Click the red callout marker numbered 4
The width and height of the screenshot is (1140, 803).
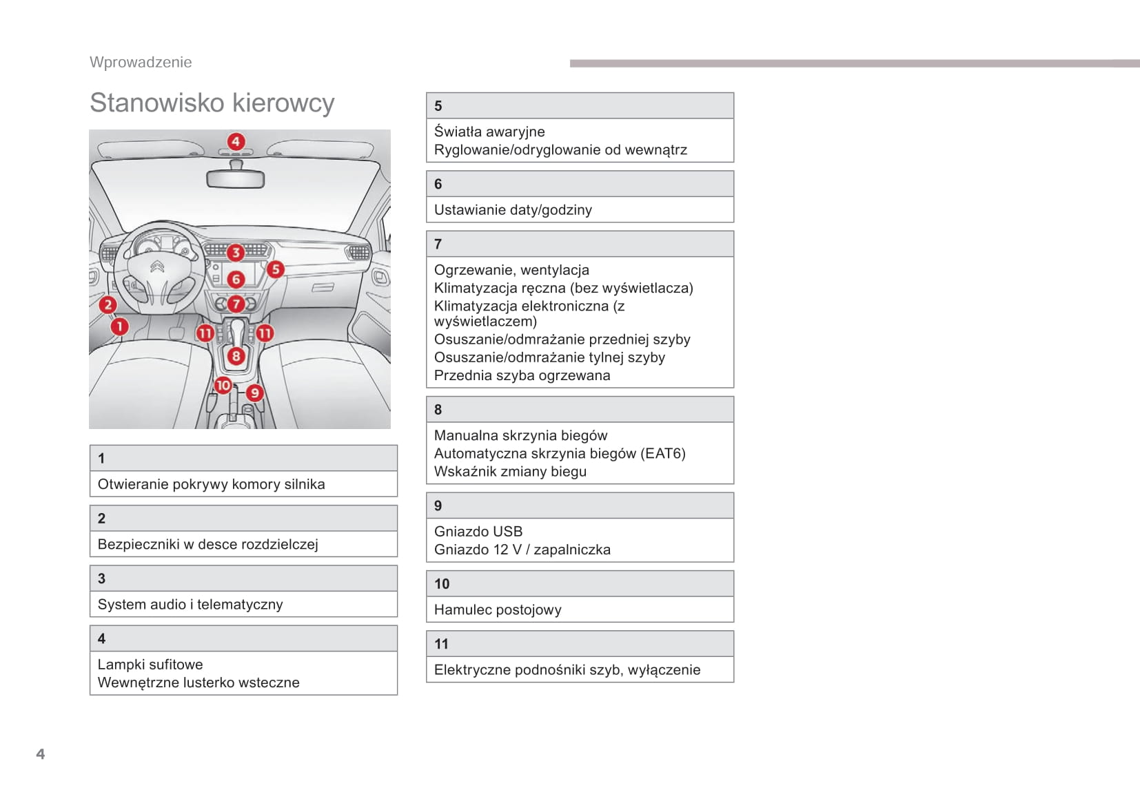click(x=236, y=142)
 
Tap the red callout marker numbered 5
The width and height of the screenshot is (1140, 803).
click(x=275, y=269)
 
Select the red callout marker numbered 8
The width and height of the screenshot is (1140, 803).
click(x=236, y=356)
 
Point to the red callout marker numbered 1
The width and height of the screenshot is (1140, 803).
click(x=119, y=326)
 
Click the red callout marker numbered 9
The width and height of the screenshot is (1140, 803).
click(x=255, y=393)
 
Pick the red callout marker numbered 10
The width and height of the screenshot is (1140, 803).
click(x=223, y=386)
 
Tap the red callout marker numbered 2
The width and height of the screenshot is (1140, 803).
click(x=108, y=305)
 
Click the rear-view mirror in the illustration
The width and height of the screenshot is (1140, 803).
click(x=235, y=180)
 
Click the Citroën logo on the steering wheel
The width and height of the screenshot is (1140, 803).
click(x=158, y=267)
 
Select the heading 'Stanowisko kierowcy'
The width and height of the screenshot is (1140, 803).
click(x=212, y=103)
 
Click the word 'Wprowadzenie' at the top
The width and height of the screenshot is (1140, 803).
click(x=141, y=62)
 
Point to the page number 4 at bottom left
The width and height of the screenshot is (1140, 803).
click(x=41, y=754)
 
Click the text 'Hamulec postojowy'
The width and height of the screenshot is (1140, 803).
click(x=498, y=609)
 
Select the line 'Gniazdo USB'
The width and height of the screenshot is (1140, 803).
click(x=478, y=532)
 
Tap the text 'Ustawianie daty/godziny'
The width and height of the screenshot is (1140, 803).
click(x=513, y=210)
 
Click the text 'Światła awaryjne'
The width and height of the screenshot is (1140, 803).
click(x=489, y=132)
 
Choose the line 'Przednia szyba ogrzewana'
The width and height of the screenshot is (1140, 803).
click(x=522, y=375)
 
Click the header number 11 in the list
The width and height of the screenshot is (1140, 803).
click(x=441, y=644)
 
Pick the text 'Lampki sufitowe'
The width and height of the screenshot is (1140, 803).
click(x=150, y=665)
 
